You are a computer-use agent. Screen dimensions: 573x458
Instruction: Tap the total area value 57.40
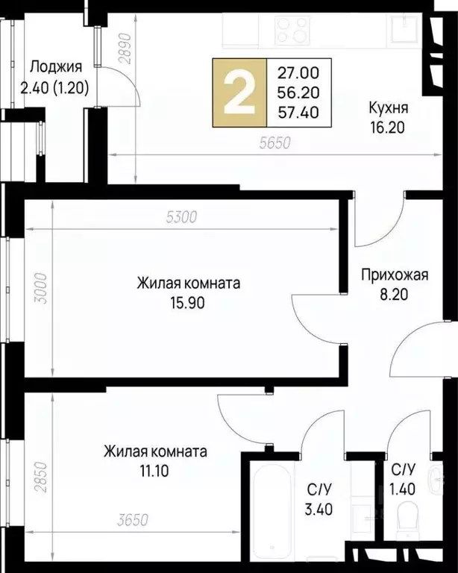(x=298, y=113)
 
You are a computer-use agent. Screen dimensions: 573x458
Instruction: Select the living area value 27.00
(x=298, y=73)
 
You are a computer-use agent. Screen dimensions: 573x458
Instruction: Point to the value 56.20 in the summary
(x=298, y=93)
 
